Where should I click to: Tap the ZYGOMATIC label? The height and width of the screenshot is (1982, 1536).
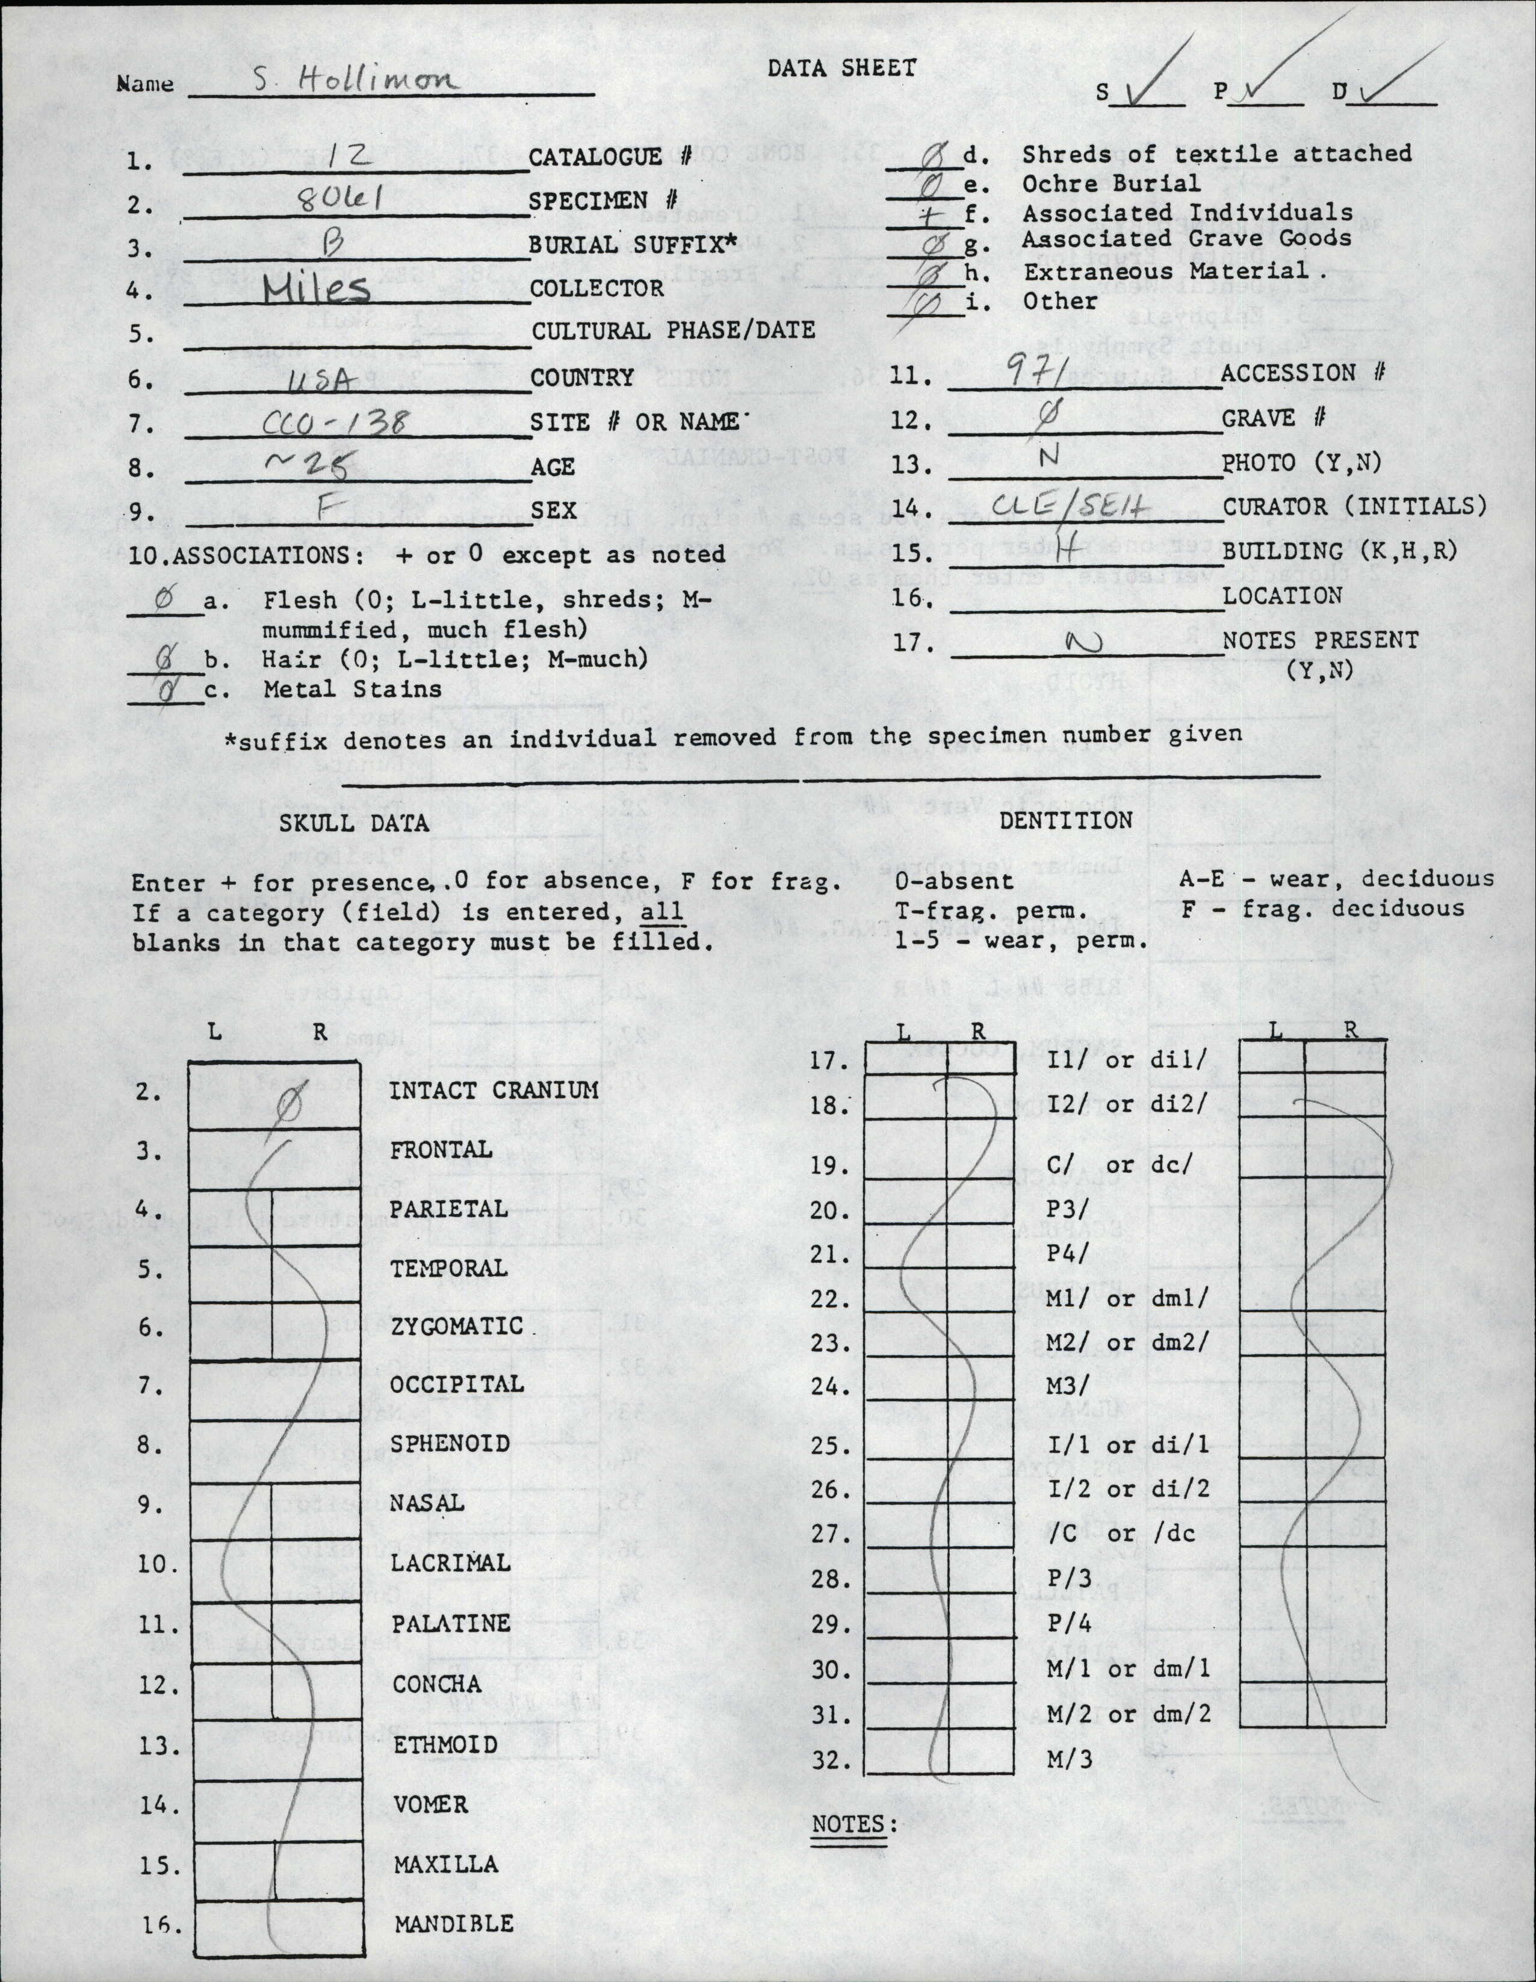456,1327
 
